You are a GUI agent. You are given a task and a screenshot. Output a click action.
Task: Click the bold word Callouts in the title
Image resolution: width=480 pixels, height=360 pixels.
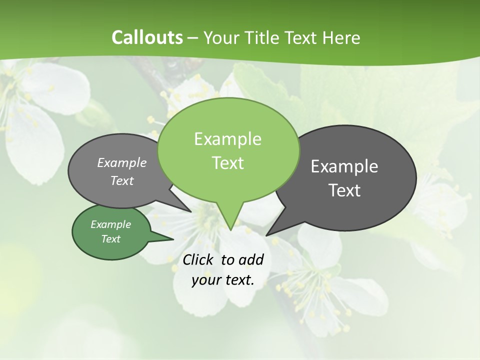click(x=147, y=37)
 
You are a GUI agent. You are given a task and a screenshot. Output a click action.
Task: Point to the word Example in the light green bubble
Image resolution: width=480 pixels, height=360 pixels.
click(x=227, y=139)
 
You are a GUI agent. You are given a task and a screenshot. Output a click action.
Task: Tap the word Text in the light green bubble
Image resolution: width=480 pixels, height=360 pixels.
click(x=227, y=163)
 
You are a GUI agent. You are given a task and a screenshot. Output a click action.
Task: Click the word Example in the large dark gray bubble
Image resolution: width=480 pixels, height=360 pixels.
click(x=344, y=166)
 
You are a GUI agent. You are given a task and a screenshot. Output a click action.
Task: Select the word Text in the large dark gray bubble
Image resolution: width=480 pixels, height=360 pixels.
click(x=344, y=190)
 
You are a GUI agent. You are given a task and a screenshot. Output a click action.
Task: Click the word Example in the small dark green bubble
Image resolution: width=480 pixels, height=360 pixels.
click(x=110, y=224)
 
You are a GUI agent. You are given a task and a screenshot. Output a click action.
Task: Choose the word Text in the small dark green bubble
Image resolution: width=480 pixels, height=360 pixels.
click(x=110, y=239)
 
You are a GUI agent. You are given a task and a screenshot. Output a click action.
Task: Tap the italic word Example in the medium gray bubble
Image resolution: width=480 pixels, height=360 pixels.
click(x=121, y=162)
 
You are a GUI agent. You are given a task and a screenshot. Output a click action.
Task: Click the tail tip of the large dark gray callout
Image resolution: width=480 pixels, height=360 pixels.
click(x=266, y=235)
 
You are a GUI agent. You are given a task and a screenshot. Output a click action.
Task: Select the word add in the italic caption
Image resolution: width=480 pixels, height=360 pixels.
click(x=251, y=259)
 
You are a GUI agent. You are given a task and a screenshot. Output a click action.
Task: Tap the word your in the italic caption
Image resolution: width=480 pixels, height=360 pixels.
click(x=206, y=280)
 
